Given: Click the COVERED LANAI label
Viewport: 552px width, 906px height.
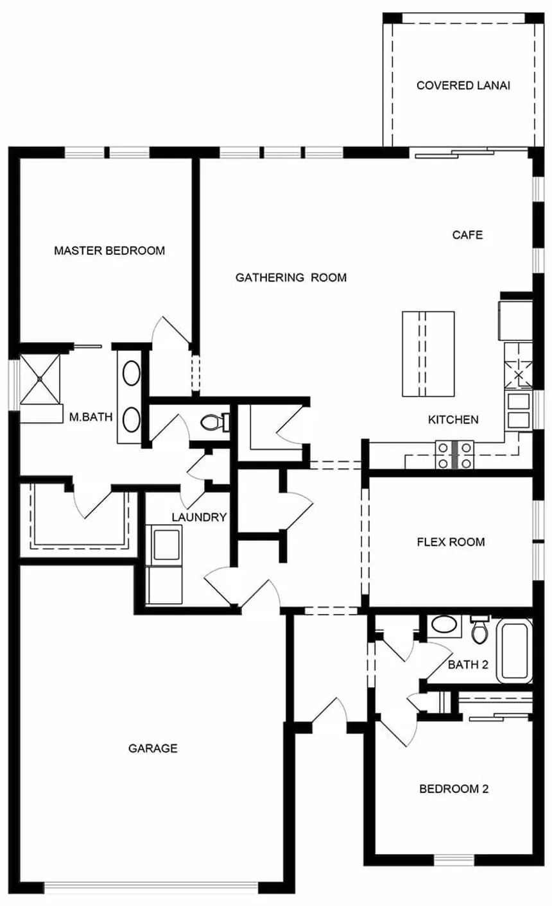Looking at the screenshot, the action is coord(463,85).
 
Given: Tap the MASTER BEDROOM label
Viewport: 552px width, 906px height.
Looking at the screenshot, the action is coord(109,251).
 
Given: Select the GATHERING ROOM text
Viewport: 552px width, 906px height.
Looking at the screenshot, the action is coord(291,277).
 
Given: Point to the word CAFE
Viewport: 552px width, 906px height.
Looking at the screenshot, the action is coord(467,235).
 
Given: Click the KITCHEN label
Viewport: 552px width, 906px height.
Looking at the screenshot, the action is coord(453,420).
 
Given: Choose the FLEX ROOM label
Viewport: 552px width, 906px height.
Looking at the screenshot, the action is coord(451,542).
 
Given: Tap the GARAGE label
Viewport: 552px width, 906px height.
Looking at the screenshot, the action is coord(153,748).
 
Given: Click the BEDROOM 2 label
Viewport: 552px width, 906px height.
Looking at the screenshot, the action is coord(454,789).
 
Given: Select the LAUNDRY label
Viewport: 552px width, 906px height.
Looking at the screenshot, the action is coord(199,517).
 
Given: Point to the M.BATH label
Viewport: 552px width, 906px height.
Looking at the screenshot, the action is coord(91,416).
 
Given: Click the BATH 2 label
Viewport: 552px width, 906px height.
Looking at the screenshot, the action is coord(468,665).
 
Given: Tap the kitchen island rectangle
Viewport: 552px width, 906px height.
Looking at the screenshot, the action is coord(428,354).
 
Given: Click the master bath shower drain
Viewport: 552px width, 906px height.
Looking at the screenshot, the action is coord(40,379).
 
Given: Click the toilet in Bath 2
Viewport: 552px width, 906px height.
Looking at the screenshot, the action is coord(480,629).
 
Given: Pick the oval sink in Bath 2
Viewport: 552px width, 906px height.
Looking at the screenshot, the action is coord(444,624).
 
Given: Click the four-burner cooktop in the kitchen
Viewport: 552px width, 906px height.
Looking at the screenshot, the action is coord(454,455).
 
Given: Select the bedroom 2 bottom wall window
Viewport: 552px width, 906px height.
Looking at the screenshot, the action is coord(454,860).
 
